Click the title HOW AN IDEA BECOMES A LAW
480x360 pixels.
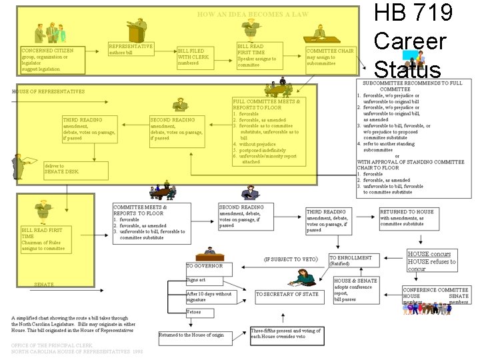253,14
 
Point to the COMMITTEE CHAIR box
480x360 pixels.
330,57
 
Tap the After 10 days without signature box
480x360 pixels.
210,297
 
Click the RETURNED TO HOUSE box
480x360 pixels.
408,217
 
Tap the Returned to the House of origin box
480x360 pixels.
191,334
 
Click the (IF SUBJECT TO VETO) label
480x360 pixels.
291,259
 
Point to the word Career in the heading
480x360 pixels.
409,41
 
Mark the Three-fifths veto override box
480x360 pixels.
285,333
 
